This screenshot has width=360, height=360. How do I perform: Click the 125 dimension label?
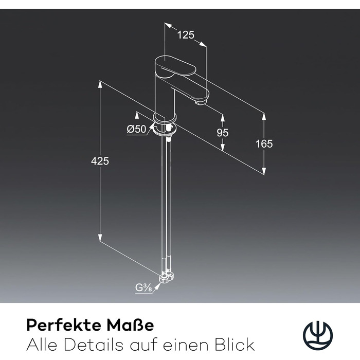186,35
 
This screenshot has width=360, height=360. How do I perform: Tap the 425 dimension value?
100,161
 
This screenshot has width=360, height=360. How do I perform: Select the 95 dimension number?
223,133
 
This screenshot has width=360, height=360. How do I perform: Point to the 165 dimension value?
264,143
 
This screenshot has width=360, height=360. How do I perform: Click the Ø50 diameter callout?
136,129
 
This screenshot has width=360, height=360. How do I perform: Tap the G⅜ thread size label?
143,288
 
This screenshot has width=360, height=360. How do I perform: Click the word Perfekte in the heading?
64,325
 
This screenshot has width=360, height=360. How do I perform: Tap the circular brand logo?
317,334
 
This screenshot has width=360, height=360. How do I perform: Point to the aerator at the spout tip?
200,101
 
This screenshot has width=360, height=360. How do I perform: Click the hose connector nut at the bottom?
167,277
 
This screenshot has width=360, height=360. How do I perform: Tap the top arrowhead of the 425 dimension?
100,84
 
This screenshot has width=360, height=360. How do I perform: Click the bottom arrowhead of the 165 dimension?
264,171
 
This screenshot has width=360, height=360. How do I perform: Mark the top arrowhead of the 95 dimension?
223,117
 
